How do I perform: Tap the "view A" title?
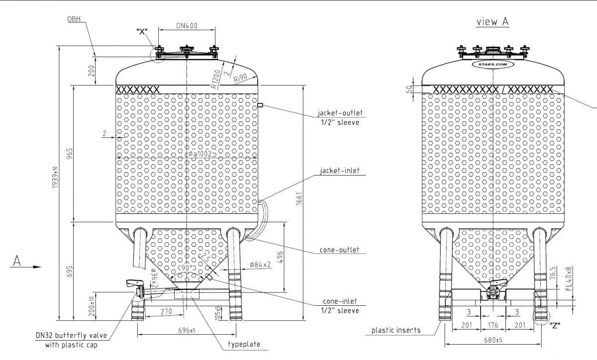(x=493, y=22)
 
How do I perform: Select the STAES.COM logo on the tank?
(x=492, y=64)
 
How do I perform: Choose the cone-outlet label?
(x=340, y=250)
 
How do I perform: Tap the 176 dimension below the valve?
(x=494, y=326)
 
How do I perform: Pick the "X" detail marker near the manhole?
(x=142, y=31)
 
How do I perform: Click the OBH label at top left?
(x=74, y=19)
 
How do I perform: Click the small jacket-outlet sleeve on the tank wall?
(x=260, y=105)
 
